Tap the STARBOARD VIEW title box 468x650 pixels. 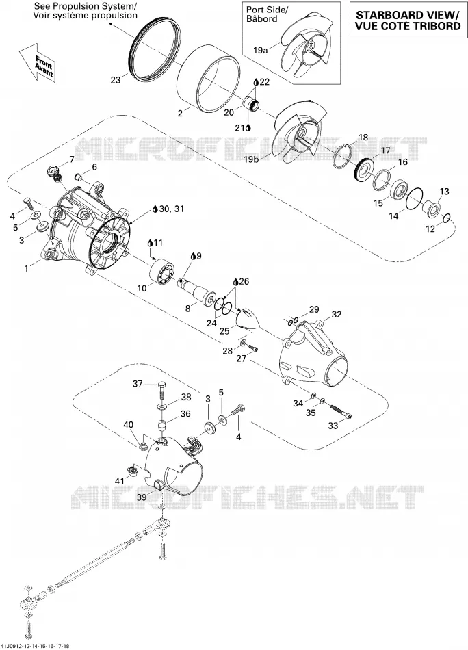tap(408, 20)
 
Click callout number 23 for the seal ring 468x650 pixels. tap(115, 79)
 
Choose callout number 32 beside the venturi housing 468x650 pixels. tap(336, 315)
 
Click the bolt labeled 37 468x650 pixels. tap(161, 389)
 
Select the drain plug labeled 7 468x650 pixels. tap(55, 173)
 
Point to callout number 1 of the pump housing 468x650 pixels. tap(27, 269)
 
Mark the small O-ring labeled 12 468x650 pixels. tap(447, 219)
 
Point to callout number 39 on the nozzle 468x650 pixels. tap(142, 497)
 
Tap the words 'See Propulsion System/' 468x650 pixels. tap(85, 7)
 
